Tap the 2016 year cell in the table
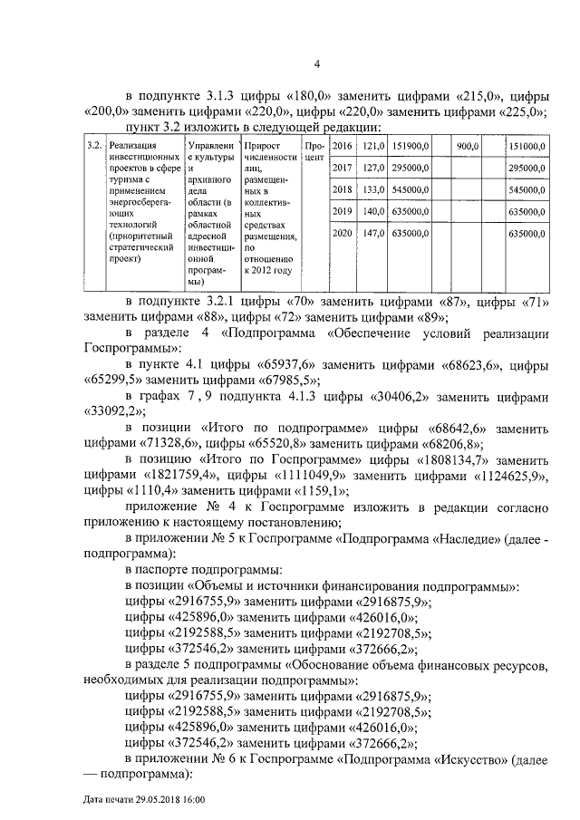click(x=342, y=146)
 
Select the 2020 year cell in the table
click(x=342, y=234)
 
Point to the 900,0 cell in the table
click(x=468, y=146)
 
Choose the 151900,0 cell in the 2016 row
click(x=412, y=146)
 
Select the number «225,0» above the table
click(x=519, y=112)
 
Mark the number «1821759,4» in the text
click(x=179, y=474)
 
